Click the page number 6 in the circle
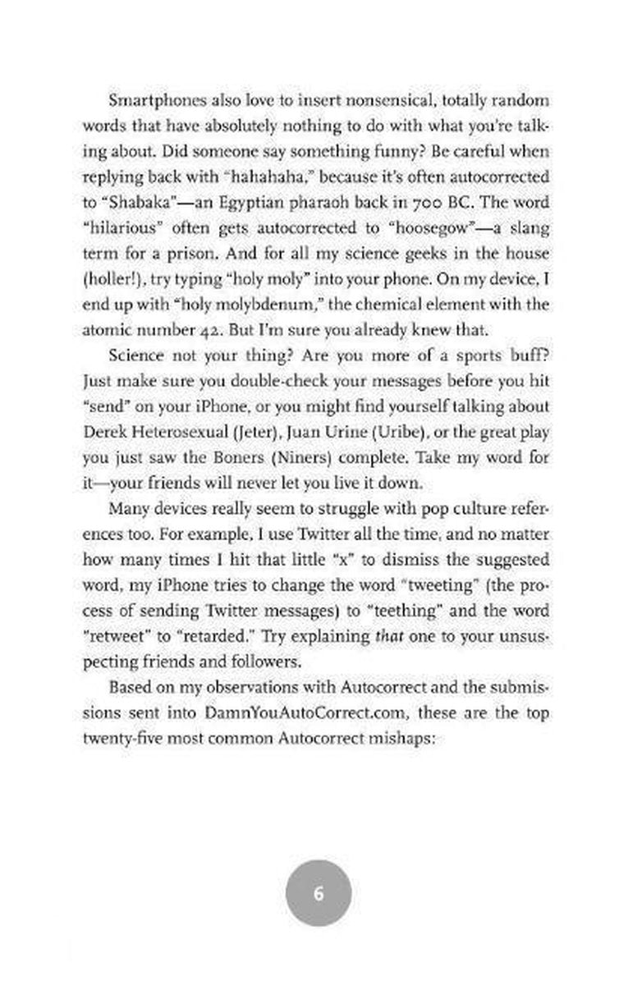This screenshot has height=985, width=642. click(319, 893)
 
